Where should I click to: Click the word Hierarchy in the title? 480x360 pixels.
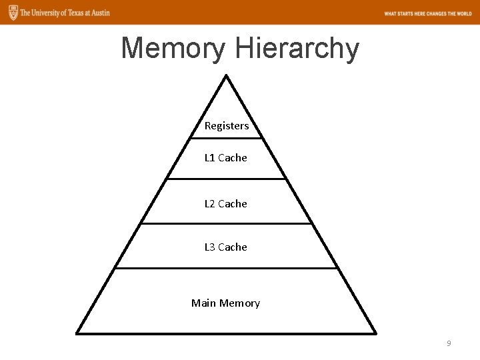point(297,49)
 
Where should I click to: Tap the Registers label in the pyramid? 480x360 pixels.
point(227,125)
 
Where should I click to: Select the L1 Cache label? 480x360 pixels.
point(226,158)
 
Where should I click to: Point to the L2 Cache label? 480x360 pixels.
point(226,203)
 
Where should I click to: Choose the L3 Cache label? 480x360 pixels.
point(226,247)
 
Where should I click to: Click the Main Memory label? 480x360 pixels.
point(226,303)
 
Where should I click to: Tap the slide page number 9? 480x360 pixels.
point(449,343)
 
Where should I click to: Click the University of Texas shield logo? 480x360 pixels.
point(10,13)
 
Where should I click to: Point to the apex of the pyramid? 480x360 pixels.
point(227,75)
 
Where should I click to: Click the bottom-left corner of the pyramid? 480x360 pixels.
point(77,333)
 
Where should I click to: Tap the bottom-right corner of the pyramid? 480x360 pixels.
point(376,333)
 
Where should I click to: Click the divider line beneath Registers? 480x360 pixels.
point(227,139)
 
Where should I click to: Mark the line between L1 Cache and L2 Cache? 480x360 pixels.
point(227,179)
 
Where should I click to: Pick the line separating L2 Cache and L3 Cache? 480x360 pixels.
point(227,223)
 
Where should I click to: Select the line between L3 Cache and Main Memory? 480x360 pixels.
point(227,269)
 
